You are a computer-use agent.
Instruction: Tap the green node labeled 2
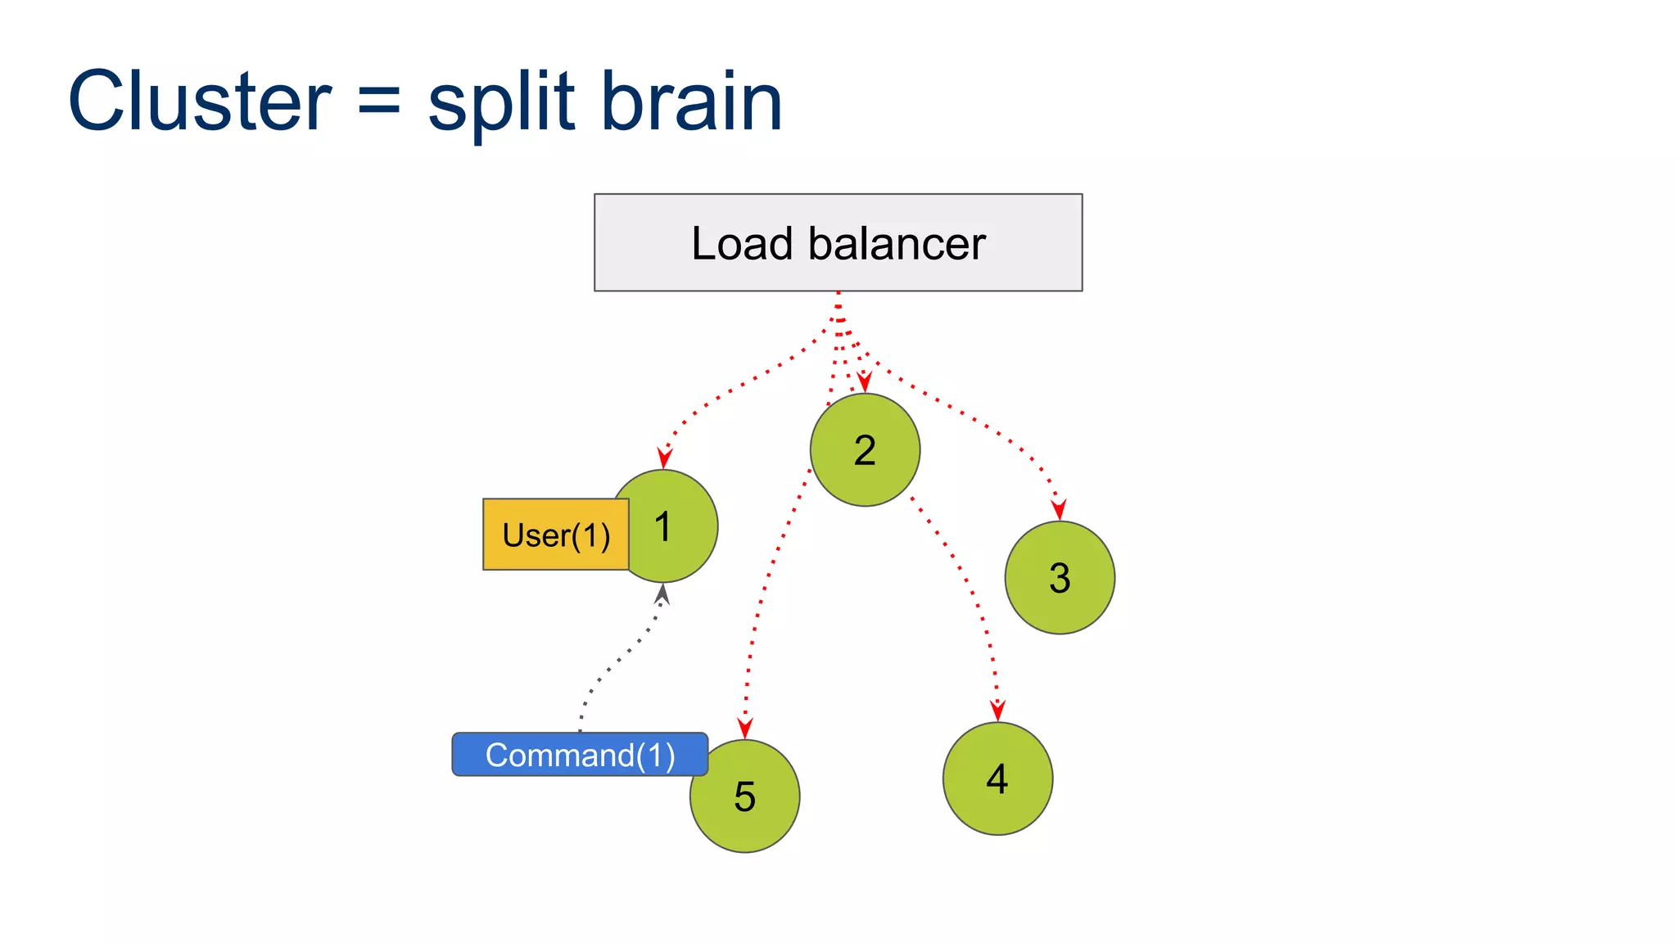pyautogui.click(x=865, y=450)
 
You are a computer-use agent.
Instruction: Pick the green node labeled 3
pyautogui.click(x=1060, y=578)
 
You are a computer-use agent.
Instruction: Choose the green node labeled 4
pyautogui.click(x=997, y=778)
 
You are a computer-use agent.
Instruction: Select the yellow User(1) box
pyautogui.click(x=556, y=535)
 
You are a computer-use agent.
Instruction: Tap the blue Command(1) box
pyautogui.click(x=580, y=755)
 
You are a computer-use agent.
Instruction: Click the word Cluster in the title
pyautogui.click(x=200, y=102)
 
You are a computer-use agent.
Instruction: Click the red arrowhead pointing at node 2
pyautogui.click(x=864, y=382)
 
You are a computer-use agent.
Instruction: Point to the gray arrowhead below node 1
pyautogui.click(x=662, y=593)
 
